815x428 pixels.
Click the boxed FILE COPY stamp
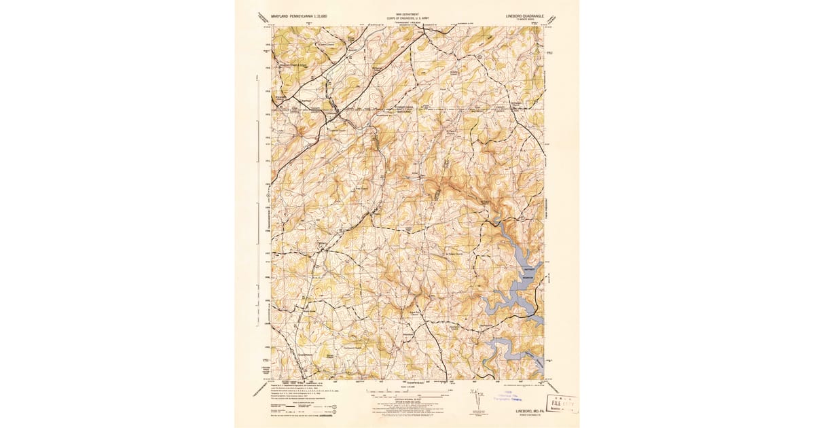tap(561, 403)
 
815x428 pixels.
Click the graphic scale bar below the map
tap(407, 392)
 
